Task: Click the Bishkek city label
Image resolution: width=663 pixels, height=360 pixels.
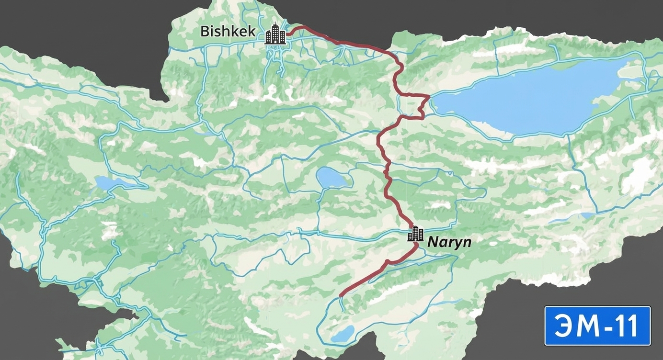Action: [x=228, y=32]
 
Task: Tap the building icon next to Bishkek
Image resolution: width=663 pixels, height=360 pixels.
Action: [x=275, y=34]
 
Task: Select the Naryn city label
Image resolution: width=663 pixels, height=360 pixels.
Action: [x=449, y=242]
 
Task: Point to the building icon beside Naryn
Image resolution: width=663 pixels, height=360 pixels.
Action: [x=415, y=234]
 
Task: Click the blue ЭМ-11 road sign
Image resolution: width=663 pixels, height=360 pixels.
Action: [x=597, y=326]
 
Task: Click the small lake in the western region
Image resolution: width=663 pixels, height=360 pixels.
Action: [x=109, y=182]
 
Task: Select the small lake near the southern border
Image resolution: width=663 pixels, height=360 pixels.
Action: [x=343, y=333]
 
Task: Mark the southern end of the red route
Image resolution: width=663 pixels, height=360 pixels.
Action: [x=340, y=295]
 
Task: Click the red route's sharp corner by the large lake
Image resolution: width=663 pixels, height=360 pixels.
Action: [x=428, y=97]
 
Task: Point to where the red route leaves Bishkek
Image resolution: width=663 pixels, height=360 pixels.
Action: [x=288, y=33]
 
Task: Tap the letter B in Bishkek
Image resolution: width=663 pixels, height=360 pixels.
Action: [x=205, y=32]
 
